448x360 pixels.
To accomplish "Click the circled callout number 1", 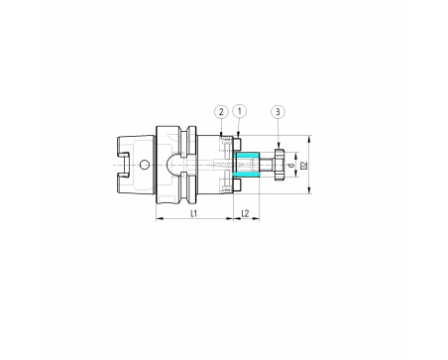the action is pyautogui.click(x=240, y=112).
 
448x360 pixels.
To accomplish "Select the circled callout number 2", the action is pyautogui.click(x=221, y=112).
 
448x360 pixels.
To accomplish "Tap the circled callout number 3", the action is pyautogui.click(x=278, y=112).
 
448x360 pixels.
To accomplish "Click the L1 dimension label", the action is pyautogui.click(x=194, y=213).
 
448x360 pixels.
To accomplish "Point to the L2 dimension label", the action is pyautogui.click(x=245, y=213).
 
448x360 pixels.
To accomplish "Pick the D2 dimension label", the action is pyautogui.click(x=304, y=165).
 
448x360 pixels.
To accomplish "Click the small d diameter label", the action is pyautogui.click(x=291, y=166).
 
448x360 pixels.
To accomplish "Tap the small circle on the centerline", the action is pyautogui.click(x=144, y=165).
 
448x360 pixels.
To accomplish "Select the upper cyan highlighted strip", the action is pyautogui.click(x=246, y=156).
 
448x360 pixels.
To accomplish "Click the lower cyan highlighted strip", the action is pyautogui.click(x=246, y=174).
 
